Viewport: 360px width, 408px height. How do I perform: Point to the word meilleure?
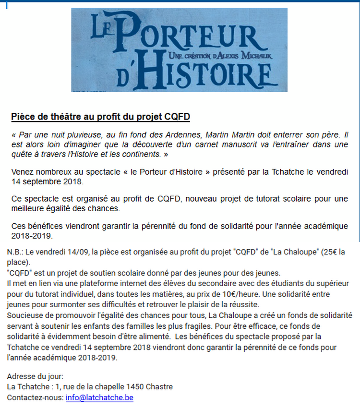click(28, 209)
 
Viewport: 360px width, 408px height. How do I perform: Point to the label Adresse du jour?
click(35, 376)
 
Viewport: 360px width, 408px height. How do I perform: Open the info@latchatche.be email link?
click(99, 397)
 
